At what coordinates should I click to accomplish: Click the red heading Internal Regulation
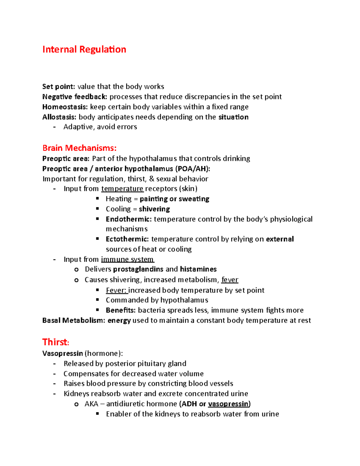84,50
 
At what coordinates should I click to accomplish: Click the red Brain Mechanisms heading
79,148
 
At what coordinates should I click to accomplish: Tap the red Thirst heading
55,342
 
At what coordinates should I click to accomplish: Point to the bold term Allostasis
59,117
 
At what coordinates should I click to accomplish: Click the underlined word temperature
122,189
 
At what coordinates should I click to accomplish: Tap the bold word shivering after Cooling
154,209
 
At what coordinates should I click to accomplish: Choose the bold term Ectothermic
127,239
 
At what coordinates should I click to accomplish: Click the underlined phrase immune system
127,259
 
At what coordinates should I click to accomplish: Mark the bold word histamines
198,269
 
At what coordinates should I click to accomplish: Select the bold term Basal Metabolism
73,320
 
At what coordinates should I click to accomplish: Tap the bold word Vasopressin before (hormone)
62,353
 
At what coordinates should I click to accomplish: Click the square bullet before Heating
97,198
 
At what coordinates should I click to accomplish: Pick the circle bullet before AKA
76,404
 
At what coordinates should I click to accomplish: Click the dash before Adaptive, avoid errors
54,127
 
